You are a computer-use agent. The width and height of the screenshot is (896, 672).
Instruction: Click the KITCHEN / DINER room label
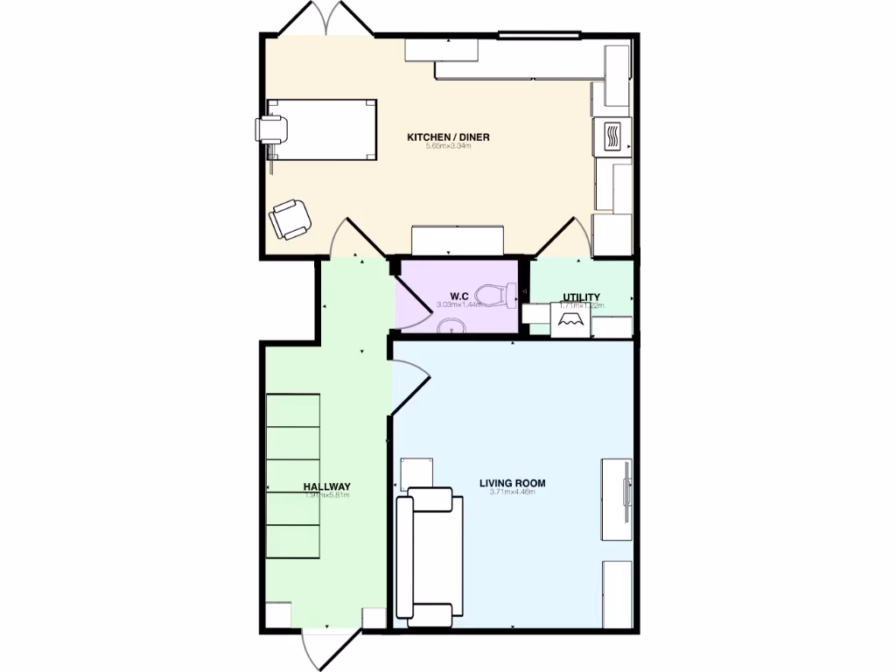coord(448,137)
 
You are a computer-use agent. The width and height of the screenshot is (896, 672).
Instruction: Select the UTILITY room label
coord(581,297)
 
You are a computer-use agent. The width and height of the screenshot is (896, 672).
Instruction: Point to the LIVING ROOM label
coord(512,483)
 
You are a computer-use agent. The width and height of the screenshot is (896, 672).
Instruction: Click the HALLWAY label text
coord(326,486)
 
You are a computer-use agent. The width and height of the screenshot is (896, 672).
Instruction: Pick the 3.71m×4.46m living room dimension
coord(512,493)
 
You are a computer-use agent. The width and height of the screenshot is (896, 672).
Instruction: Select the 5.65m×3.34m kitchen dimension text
coord(448,146)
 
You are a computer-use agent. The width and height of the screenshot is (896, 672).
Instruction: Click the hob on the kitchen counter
coord(612,136)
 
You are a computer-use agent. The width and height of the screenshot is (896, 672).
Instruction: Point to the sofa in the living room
coord(425,557)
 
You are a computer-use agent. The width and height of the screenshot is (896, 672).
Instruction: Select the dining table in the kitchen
coord(322,129)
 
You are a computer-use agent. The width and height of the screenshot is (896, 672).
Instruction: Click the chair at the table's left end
coord(272,129)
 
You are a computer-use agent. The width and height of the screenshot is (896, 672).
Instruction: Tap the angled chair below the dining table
coord(290,218)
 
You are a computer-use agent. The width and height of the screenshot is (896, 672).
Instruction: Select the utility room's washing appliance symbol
coord(569,319)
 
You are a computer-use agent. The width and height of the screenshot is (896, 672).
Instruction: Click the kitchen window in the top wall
coord(539,36)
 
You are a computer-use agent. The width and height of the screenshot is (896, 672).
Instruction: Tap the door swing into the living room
coord(409,385)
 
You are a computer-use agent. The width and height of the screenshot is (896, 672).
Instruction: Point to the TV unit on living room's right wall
coord(616,499)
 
